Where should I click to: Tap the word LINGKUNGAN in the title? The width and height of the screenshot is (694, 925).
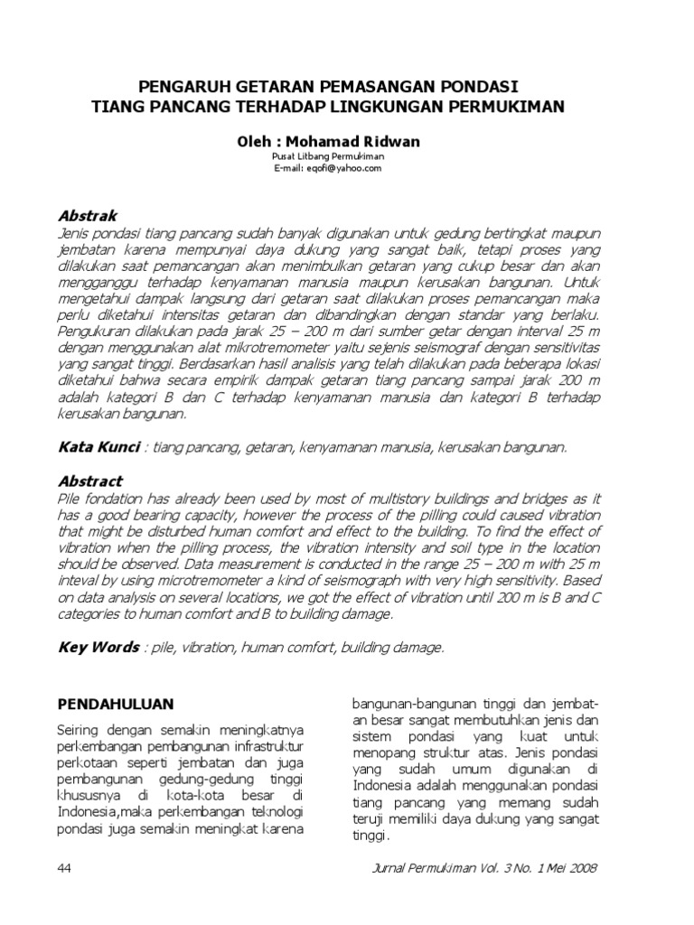tap(420, 106)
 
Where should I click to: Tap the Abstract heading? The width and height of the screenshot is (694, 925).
tap(89, 481)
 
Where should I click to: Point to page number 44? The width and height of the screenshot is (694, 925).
tap(65, 868)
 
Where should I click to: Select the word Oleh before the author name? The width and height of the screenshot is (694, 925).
tap(255, 142)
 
